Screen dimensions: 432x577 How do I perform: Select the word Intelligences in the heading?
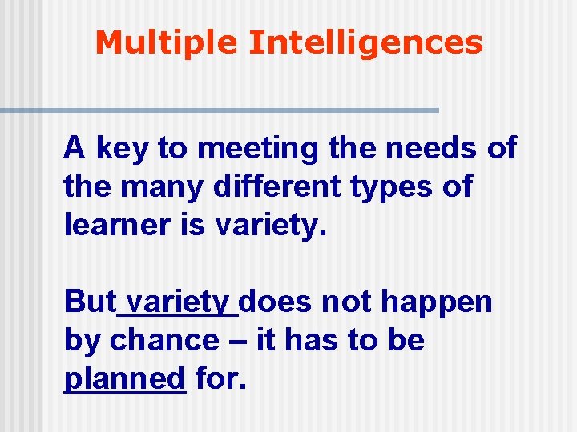365,42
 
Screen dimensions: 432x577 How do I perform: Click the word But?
90,302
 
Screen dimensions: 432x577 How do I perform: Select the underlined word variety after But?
179,302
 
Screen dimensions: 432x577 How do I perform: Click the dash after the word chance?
237,342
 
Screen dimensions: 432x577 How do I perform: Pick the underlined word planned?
124,378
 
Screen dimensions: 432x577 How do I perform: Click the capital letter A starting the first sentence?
75,150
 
